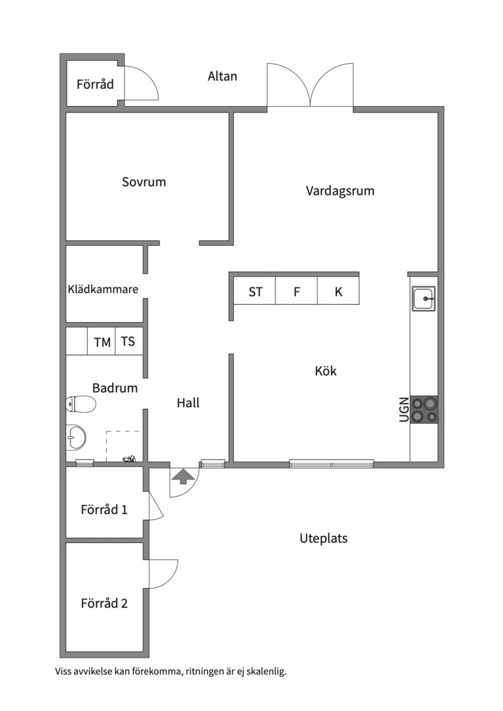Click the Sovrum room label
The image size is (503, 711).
click(144, 182)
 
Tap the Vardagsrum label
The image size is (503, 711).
click(340, 191)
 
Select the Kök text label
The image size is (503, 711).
click(326, 371)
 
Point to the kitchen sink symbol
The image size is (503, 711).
click(423, 300)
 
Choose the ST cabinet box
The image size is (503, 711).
click(255, 292)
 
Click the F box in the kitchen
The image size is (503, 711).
click(297, 292)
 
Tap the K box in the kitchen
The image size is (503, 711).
click(338, 292)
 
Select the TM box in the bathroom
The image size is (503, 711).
click(102, 342)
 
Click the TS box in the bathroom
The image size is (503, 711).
click(128, 342)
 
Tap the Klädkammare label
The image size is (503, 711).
click(103, 289)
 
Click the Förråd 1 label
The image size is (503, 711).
click(104, 510)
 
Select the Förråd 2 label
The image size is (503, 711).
click(104, 603)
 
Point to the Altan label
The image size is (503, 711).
click(222, 76)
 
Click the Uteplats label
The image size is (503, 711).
click(323, 539)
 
